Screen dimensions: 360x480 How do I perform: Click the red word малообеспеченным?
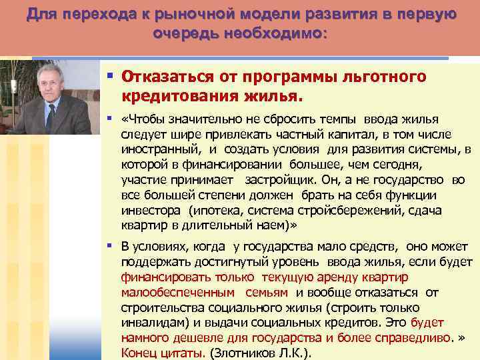[x=178, y=292]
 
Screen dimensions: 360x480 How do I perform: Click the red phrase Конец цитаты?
[x=159, y=353]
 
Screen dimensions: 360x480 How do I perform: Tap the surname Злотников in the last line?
[x=244, y=353]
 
